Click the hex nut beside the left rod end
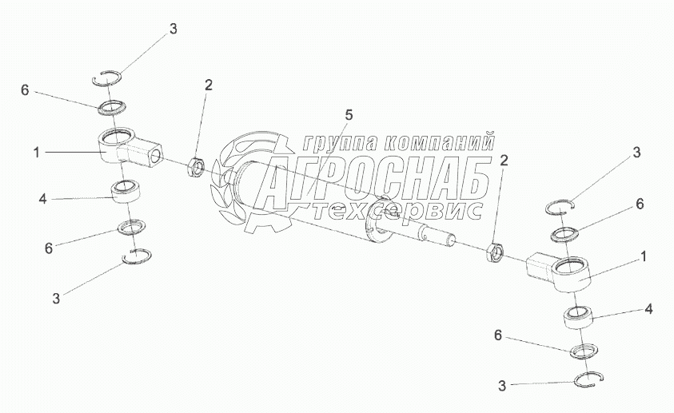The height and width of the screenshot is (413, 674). [197, 168]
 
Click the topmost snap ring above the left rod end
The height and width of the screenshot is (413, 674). [107, 77]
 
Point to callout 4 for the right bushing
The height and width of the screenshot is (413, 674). [649, 308]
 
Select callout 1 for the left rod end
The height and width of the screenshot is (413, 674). [37, 149]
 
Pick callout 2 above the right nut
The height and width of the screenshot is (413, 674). [504, 161]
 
